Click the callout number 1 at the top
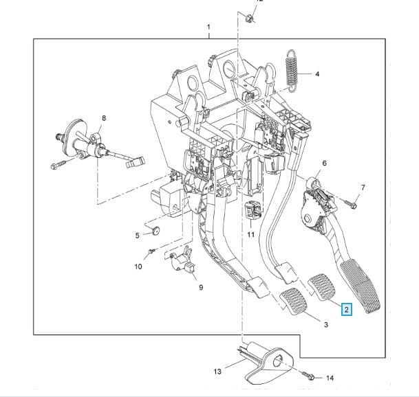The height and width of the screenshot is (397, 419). click(x=208, y=27)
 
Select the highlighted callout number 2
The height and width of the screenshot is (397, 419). click(x=347, y=310)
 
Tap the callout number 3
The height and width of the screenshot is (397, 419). click(x=325, y=324)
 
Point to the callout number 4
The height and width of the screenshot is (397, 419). click(x=318, y=74)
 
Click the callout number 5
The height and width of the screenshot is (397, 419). click(x=137, y=236)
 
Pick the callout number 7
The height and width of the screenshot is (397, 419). click(x=363, y=188)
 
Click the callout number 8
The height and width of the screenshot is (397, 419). click(x=104, y=118)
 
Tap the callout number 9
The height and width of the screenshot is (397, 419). click(x=200, y=287)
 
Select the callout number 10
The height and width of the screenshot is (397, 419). click(x=138, y=266)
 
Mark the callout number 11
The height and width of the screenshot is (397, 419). click(x=250, y=235)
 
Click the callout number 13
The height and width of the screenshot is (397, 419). click(x=217, y=372)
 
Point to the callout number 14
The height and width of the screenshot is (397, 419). click(x=330, y=378)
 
